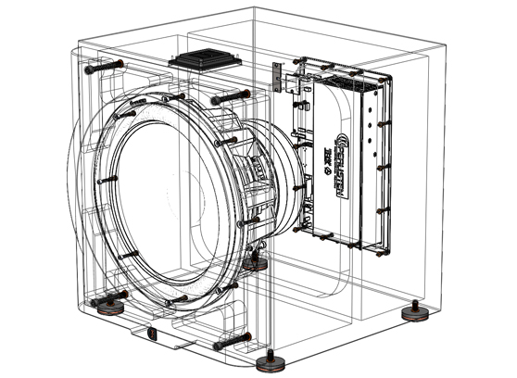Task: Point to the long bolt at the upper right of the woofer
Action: click(x=229, y=96)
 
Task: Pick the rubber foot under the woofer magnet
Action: click(x=252, y=263)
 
